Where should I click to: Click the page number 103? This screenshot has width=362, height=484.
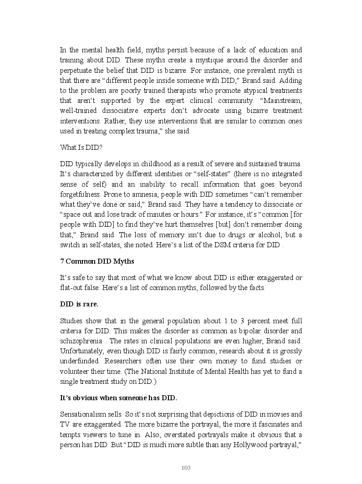click(186, 468)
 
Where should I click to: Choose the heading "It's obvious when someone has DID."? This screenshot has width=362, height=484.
click(118, 397)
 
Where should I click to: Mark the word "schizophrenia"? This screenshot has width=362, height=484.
click(82, 341)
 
